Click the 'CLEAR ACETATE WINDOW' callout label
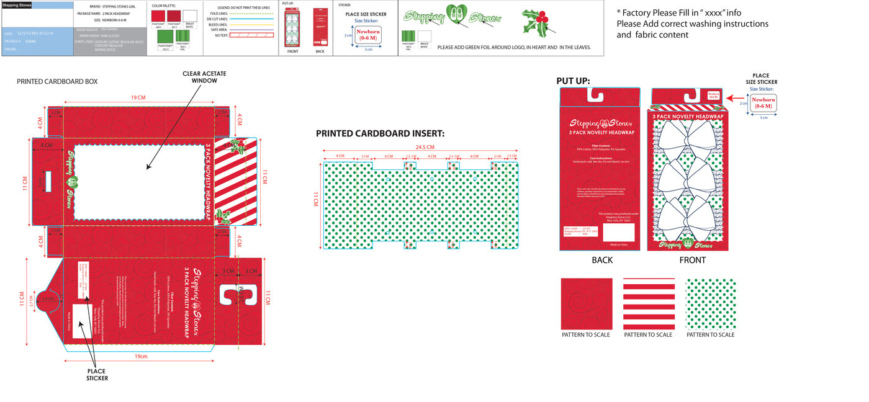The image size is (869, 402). click(x=204, y=78)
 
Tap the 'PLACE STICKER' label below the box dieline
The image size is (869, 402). click(x=97, y=374)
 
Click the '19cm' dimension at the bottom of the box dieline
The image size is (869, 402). click(x=141, y=356)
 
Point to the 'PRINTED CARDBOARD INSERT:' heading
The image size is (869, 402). click(x=380, y=133)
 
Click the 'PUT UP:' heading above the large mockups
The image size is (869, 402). click(x=573, y=81)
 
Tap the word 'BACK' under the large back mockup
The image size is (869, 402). click(x=601, y=260)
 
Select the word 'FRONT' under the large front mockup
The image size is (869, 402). click(x=692, y=260)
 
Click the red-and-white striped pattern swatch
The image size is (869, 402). click(x=649, y=303)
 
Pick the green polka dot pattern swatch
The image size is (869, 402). click(x=711, y=303)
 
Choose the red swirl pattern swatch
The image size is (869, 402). click(x=586, y=303)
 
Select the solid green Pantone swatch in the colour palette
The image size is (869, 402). click(x=165, y=35)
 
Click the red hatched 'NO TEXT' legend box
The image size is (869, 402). click(x=251, y=35)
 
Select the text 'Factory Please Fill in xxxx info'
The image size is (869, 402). click(x=683, y=12)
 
